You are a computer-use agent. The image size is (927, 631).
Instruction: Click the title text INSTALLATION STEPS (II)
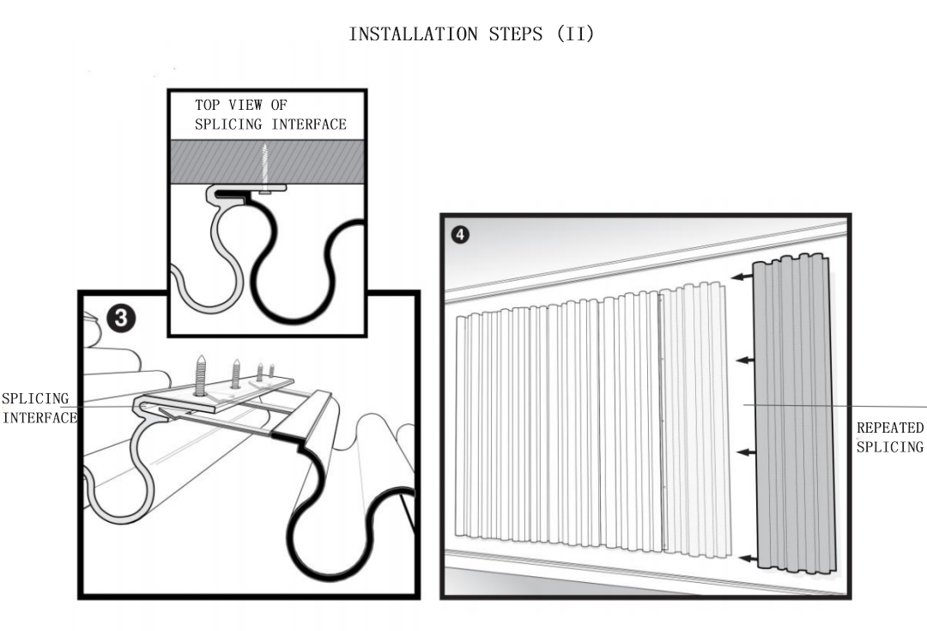pos(471,34)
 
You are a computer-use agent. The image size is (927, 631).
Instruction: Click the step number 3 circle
pos(121,319)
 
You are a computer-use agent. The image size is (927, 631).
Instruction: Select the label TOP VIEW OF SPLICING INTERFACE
pos(270,114)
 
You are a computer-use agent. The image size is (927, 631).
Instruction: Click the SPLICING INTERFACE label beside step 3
pos(39,409)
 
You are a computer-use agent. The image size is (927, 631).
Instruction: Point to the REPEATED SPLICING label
pos(890,437)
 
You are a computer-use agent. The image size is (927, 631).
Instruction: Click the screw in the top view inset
pos(265,167)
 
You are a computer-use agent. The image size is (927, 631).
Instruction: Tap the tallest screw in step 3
pos(200,375)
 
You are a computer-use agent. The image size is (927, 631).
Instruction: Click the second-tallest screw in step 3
pos(235,373)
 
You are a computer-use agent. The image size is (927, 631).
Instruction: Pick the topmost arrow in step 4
pos(742,276)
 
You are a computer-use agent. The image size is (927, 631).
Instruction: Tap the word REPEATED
pos(890,428)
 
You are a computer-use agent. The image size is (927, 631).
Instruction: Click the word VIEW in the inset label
pos(245,105)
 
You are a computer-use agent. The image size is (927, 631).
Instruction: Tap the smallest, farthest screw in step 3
pos(271,371)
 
